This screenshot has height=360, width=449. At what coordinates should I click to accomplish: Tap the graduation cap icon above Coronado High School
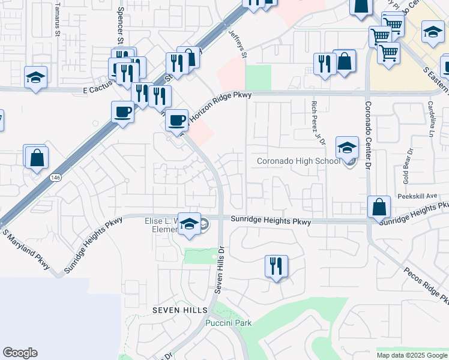point(347,148)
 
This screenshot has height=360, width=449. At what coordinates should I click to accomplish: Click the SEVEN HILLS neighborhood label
point(179,310)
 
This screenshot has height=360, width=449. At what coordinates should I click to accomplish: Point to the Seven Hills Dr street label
point(220,271)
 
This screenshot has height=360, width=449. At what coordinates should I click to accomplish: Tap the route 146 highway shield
point(55,178)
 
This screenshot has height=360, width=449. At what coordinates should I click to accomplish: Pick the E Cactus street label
point(97,90)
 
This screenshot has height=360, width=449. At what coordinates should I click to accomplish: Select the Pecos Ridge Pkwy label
point(426,284)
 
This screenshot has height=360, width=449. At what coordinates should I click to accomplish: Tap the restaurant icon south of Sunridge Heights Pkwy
point(276,266)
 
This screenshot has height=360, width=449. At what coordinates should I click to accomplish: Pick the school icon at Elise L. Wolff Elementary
point(190,224)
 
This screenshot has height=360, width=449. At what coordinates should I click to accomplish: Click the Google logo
point(20,353)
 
